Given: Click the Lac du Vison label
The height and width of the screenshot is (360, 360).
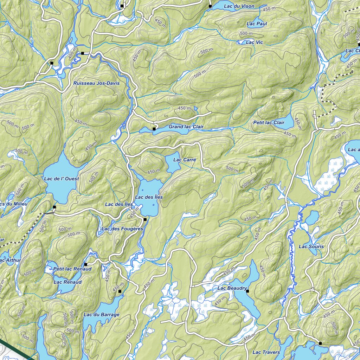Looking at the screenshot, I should (239, 6).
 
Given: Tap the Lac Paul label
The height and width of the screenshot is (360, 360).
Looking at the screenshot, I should (257, 24).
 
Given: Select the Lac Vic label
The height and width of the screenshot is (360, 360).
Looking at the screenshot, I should (255, 42).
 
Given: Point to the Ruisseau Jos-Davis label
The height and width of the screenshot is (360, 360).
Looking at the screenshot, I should (96, 83).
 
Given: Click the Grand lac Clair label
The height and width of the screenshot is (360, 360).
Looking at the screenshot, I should (186, 127).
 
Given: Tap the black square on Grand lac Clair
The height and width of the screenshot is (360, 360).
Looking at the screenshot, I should (154, 129).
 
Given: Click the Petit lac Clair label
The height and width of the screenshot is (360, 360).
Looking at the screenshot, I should (269, 122).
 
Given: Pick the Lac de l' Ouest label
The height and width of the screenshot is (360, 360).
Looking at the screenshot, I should (62, 179).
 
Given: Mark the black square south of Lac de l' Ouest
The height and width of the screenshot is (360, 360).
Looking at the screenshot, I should (54, 207).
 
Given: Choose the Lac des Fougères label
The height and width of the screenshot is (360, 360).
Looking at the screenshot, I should (122, 229).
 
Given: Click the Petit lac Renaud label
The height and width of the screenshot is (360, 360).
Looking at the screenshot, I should (72, 269).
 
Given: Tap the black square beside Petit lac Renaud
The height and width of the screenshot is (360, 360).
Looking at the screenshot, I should (85, 264).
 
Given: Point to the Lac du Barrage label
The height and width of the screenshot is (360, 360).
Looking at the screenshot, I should (102, 315).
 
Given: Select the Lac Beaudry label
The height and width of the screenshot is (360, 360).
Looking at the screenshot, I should (232, 288).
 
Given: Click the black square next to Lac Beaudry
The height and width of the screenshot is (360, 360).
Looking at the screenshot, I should (247, 291).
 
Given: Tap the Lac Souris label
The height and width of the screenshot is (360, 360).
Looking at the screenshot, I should (311, 246).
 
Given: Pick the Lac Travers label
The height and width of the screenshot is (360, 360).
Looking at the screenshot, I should (266, 352).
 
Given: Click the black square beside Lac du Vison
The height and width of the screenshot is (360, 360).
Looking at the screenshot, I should (210, 6).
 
